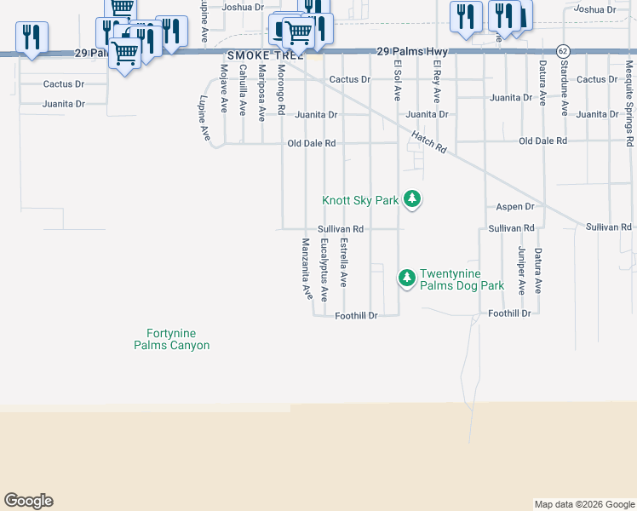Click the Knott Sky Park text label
pos(360,201)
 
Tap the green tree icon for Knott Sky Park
pos(413,200)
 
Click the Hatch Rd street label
pos(428,141)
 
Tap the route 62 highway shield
pos(563,51)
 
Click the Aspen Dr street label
pos(514,207)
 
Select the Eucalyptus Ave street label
pos(324,269)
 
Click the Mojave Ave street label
pos(224,89)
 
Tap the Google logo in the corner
pos(28,501)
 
